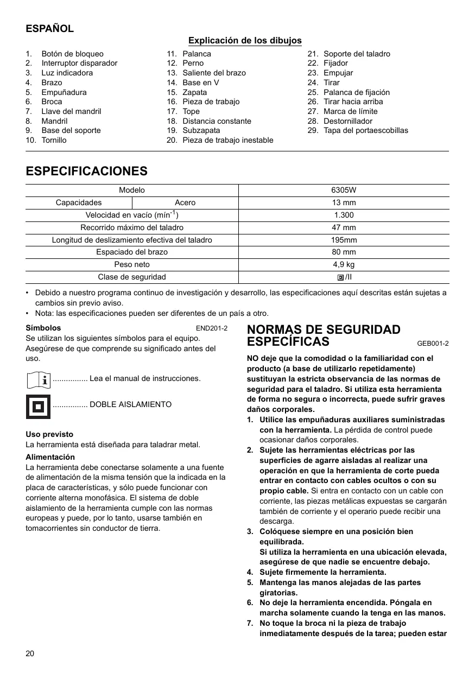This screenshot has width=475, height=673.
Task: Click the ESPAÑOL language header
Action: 50,29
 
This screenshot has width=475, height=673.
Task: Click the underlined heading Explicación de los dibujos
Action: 245,41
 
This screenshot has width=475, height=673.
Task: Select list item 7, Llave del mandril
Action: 71,111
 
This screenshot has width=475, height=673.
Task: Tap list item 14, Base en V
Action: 200,82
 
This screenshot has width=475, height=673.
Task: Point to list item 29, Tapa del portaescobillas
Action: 365,130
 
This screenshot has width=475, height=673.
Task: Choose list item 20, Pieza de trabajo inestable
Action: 227,140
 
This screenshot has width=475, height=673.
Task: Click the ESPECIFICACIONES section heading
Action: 87,172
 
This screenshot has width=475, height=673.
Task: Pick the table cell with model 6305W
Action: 344,190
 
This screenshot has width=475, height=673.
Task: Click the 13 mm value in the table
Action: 344,202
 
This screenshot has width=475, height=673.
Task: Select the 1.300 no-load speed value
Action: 344,215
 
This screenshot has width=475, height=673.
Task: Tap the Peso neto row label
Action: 132,264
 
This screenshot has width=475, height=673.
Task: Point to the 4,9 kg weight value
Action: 344,264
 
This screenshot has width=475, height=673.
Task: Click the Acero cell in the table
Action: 185,202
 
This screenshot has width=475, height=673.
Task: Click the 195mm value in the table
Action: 344,240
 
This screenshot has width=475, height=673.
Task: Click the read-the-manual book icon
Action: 38,379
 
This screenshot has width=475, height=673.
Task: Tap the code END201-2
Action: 211,328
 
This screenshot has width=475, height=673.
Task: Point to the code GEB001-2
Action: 433,343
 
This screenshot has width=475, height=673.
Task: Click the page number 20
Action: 30,653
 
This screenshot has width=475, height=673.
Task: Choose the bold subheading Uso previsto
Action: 49,434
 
